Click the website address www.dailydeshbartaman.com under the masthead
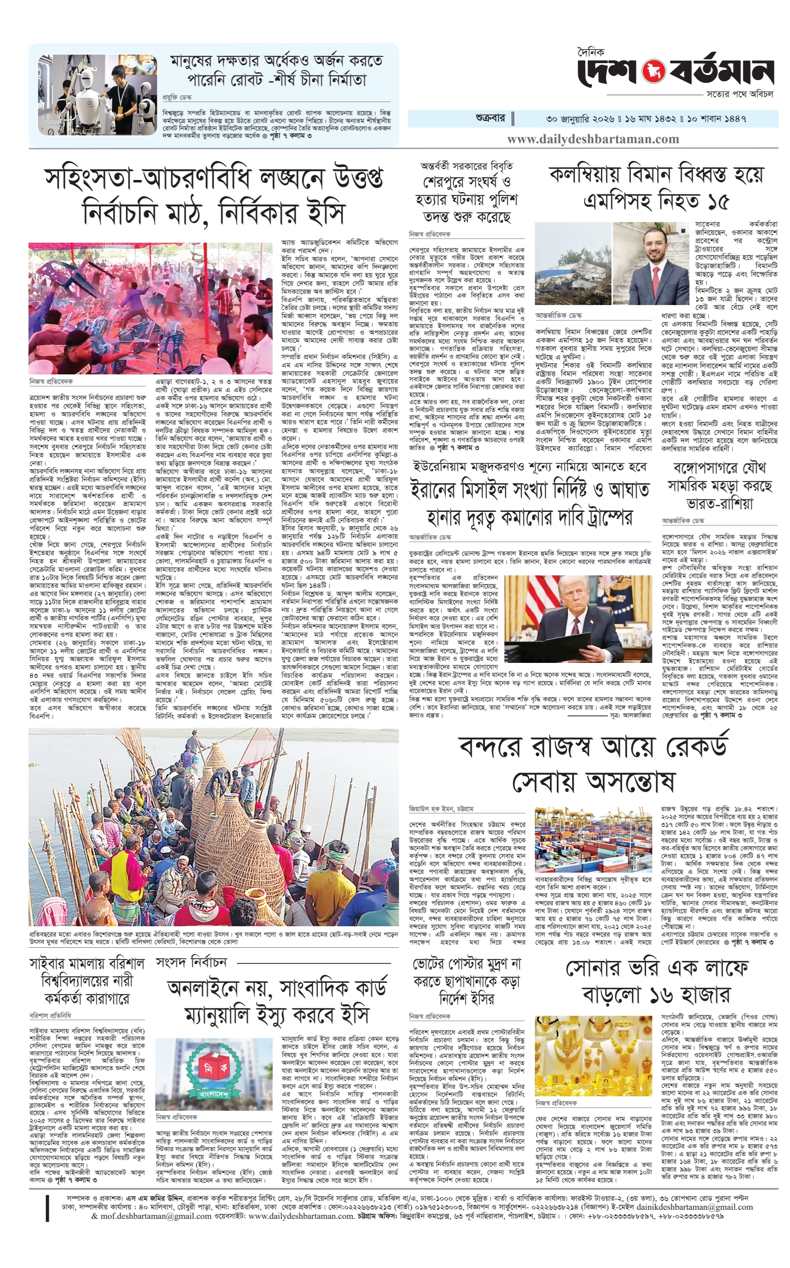tap(593, 140)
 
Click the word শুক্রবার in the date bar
tap(490, 118)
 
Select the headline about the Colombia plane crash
tap(656, 187)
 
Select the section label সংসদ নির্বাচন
tap(191, 962)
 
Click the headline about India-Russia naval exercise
tap(719, 486)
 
